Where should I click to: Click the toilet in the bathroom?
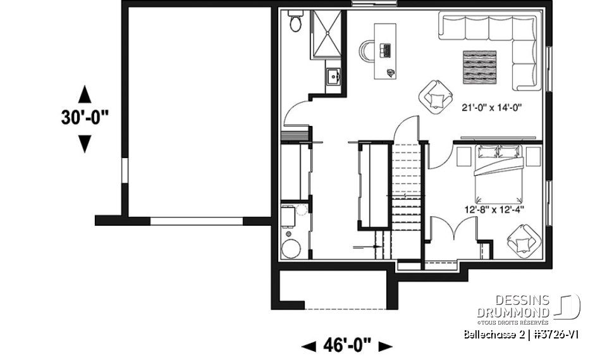click(295, 23)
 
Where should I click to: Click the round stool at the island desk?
click(367, 51)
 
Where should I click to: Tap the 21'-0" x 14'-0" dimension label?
click(491, 108)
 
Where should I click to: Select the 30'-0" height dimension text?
click(85, 118)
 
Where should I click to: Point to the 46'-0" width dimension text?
click(347, 345)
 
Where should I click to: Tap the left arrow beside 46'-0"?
click(310, 346)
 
